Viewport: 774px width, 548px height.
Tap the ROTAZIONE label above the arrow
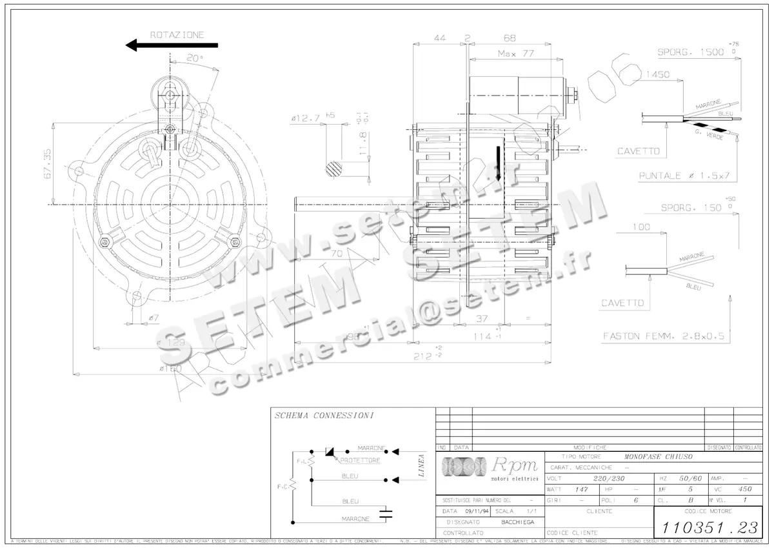tap(177, 34)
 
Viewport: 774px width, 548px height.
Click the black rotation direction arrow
tap(172, 45)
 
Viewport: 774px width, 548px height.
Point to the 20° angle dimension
tap(194, 57)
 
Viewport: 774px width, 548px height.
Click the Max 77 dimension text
tap(516, 54)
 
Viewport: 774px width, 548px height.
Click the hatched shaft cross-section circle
tap(335, 170)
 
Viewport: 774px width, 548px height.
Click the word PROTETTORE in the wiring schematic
tap(360, 461)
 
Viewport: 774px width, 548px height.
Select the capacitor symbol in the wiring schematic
tap(386, 514)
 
